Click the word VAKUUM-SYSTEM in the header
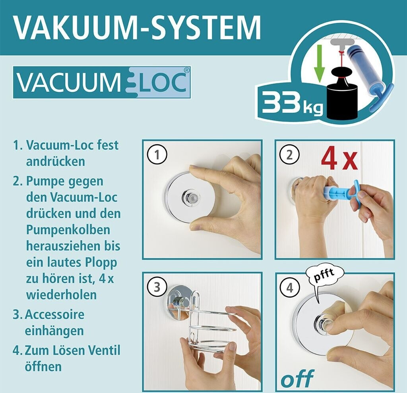pyautogui.click(x=137, y=27)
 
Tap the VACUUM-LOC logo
pyautogui.click(x=102, y=83)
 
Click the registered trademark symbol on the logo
pyautogui.click(x=187, y=70)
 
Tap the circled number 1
pyautogui.click(x=157, y=155)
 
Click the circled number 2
pyautogui.click(x=289, y=155)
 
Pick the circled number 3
pyautogui.click(x=157, y=287)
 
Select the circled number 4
pyautogui.click(x=290, y=288)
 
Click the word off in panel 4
pyautogui.click(x=297, y=378)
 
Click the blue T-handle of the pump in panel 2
pyautogui.click(x=356, y=190)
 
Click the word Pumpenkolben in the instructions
pyautogui.click(x=68, y=230)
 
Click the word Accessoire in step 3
pyautogui.click(x=55, y=314)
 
